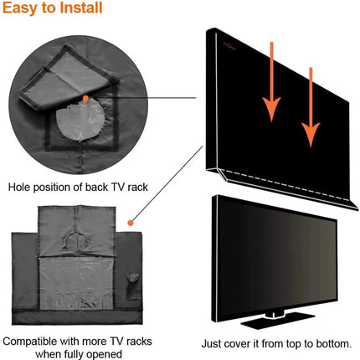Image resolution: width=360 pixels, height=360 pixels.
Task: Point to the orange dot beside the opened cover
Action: [130, 223]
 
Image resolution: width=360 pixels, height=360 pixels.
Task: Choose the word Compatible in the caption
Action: [36, 342]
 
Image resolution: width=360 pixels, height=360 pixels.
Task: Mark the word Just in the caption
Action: [213, 343]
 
